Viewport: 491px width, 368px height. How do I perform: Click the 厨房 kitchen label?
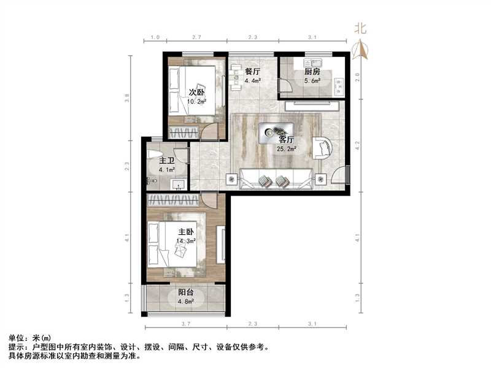click(x=312, y=72)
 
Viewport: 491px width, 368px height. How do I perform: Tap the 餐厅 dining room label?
click(x=252, y=72)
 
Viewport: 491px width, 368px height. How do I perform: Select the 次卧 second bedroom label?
click(x=196, y=93)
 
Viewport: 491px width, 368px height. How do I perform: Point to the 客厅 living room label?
click(x=286, y=140)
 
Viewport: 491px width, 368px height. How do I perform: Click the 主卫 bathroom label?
click(x=166, y=161)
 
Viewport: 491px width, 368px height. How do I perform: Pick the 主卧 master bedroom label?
click(x=186, y=232)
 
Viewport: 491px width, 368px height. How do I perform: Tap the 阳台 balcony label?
click(x=186, y=293)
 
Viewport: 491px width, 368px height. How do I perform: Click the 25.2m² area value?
click(x=287, y=149)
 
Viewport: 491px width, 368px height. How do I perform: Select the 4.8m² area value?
click(x=186, y=302)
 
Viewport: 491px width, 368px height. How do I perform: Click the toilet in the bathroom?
click(x=153, y=155)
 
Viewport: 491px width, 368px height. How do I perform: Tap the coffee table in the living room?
click(x=276, y=133)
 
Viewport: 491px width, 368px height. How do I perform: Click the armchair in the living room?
click(x=322, y=148)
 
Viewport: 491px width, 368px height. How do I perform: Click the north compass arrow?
click(x=360, y=50)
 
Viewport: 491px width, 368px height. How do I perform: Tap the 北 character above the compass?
click(x=360, y=29)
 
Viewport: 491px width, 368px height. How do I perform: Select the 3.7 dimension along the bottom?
click(x=186, y=324)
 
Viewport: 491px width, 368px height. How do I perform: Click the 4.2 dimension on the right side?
click(x=358, y=146)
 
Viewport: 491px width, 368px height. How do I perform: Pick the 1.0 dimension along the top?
click(x=155, y=37)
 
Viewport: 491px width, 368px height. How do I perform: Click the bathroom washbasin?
click(x=179, y=185)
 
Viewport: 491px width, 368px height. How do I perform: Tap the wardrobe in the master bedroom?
click(x=173, y=200)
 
